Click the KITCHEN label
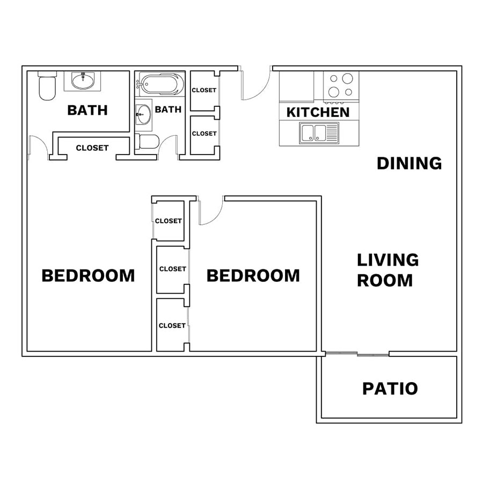click(x=318, y=113)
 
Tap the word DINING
click(x=409, y=163)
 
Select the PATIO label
click(x=390, y=389)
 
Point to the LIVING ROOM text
click(x=387, y=270)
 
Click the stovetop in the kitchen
click(x=341, y=87)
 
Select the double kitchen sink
click(x=319, y=133)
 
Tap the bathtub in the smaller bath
click(x=159, y=84)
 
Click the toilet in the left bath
click(x=47, y=86)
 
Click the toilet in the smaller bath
click(x=147, y=142)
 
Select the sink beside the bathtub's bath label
click(x=143, y=114)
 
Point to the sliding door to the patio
click(x=357, y=354)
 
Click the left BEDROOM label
click(x=88, y=276)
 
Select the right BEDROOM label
click(x=253, y=276)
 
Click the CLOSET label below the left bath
click(x=92, y=148)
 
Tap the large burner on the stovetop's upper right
click(x=347, y=78)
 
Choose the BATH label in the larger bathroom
click(x=87, y=110)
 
